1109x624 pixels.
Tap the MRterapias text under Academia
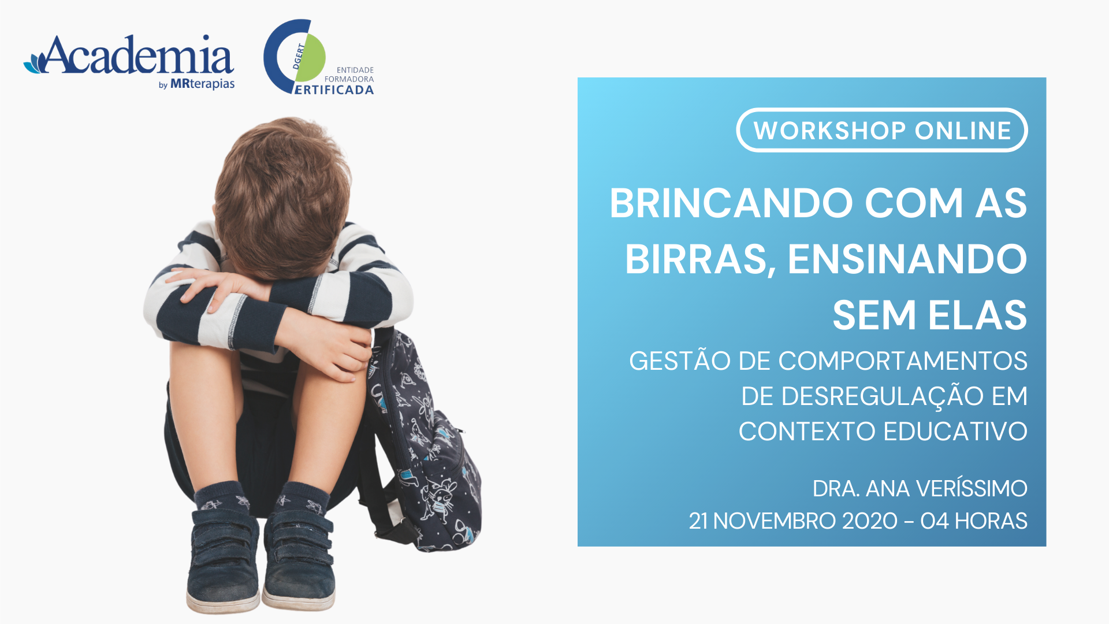(202, 84)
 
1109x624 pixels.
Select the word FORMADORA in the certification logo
(349, 79)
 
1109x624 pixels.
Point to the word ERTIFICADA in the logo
(334, 90)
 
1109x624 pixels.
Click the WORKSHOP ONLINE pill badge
(882, 130)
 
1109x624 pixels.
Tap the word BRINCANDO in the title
(731, 203)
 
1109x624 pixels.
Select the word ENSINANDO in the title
(907, 259)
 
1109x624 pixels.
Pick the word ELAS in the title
(977, 315)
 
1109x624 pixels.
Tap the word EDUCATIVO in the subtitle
(955, 432)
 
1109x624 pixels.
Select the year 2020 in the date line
(870, 521)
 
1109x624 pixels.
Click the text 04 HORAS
(974, 521)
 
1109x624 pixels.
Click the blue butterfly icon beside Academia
(34, 62)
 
